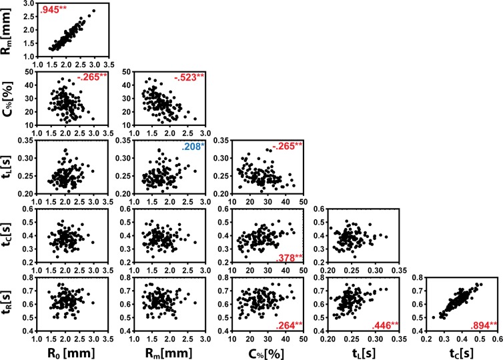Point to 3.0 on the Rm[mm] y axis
click(27, 3)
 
